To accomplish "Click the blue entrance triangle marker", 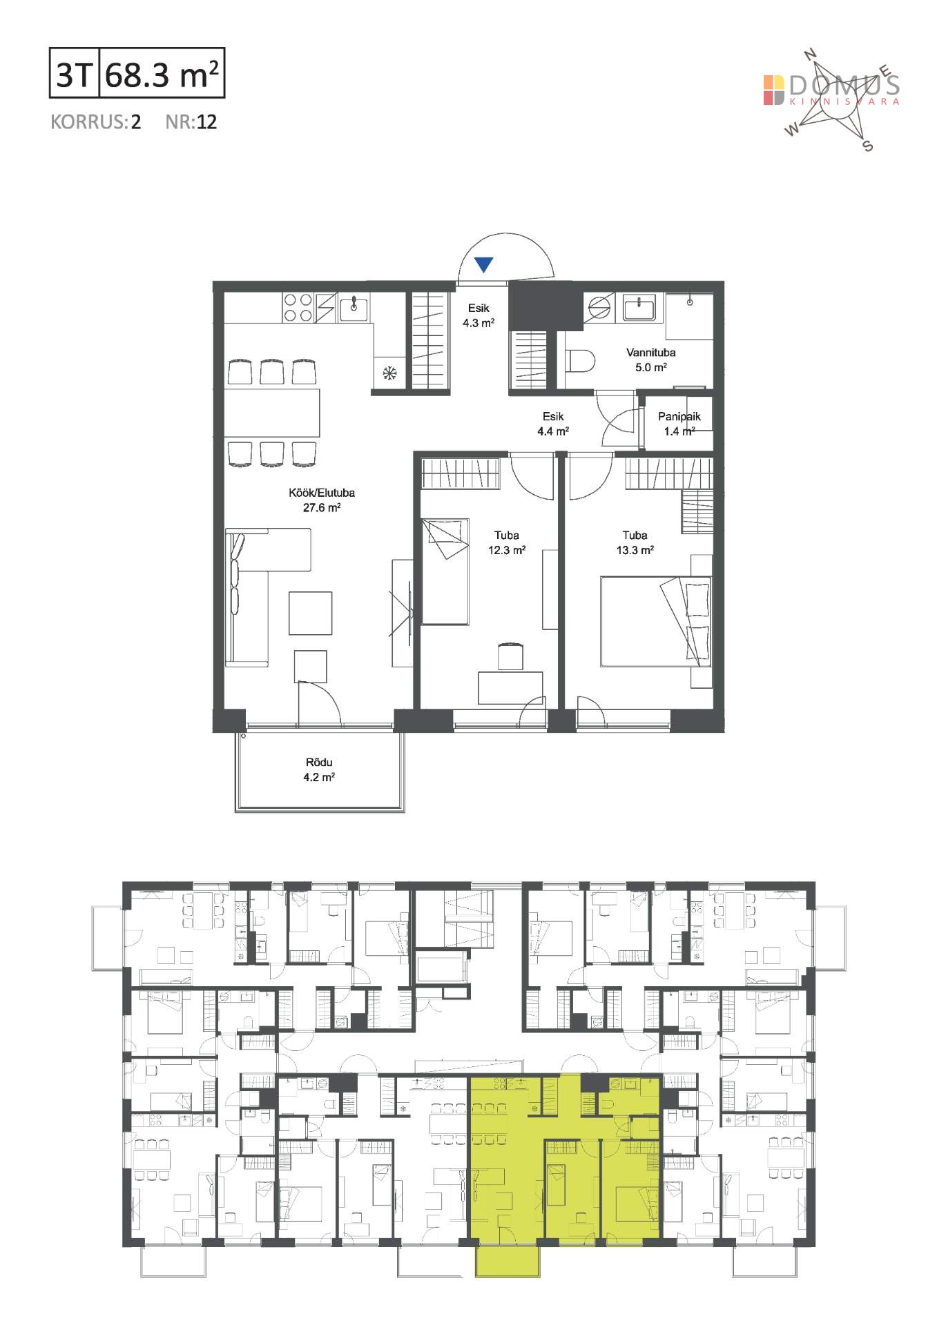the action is (x=484, y=264).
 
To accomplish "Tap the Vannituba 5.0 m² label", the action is (x=650, y=360).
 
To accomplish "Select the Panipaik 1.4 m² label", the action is (x=679, y=424).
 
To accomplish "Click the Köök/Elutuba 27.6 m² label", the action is (x=322, y=500).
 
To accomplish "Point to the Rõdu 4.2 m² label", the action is (x=319, y=769).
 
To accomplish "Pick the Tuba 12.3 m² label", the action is (x=507, y=542).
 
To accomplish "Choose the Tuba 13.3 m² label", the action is (x=635, y=542).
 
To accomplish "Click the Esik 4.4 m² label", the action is (x=553, y=424).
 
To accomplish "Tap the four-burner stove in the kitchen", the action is (x=298, y=308).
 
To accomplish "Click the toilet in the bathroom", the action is (x=580, y=360).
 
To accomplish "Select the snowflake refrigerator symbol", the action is (x=390, y=373).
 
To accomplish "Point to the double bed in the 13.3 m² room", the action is (x=655, y=621).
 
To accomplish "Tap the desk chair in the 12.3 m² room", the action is (x=510, y=656).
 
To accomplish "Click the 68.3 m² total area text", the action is (x=163, y=74).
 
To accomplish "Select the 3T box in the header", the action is (x=75, y=72).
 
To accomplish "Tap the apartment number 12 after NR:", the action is (x=206, y=122).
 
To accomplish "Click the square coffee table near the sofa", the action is (x=311, y=613).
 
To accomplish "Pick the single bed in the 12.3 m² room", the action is (x=445, y=572).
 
